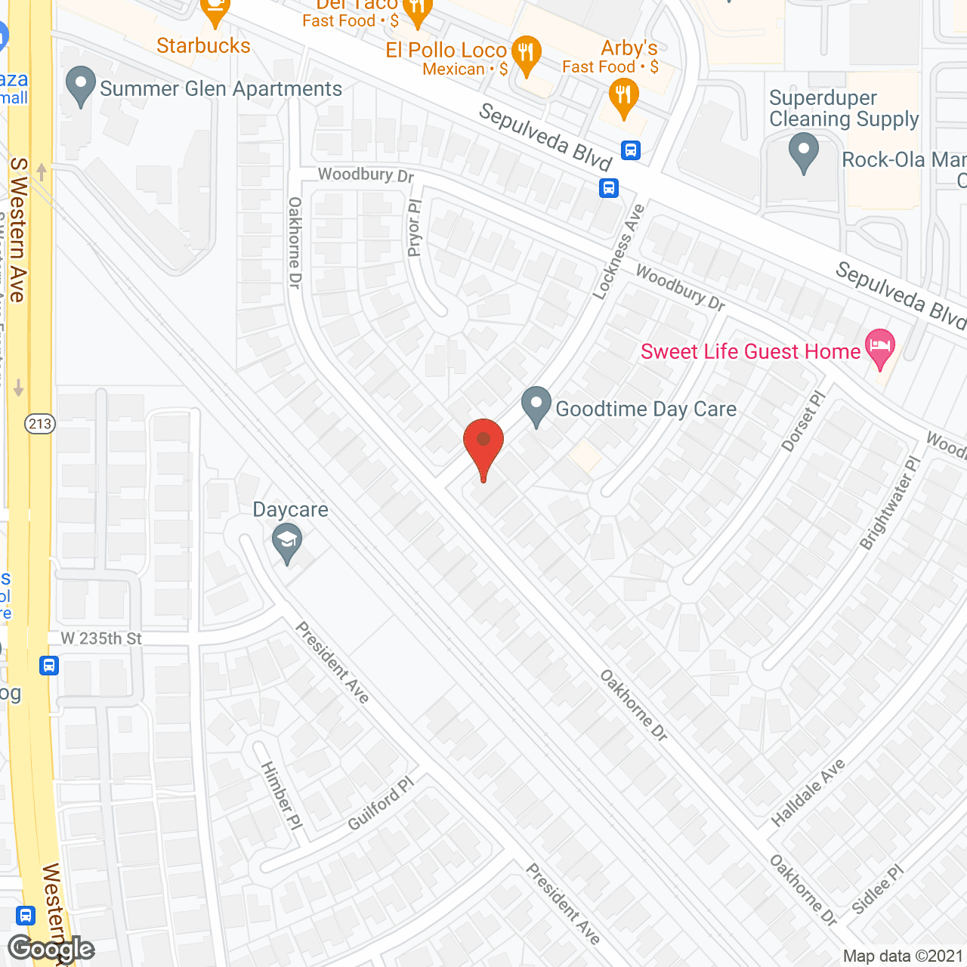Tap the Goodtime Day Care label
(x=646, y=409)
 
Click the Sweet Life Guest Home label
(x=750, y=352)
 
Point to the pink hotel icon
(x=881, y=348)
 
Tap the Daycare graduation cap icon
(x=287, y=542)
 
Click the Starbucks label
(x=203, y=46)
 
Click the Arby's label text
(x=629, y=48)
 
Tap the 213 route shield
(x=40, y=424)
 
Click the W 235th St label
(x=101, y=639)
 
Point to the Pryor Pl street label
(x=414, y=228)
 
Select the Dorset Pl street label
(x=804, y=421)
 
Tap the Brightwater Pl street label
(x=891, y=503)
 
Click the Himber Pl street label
(x=282, y=796)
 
